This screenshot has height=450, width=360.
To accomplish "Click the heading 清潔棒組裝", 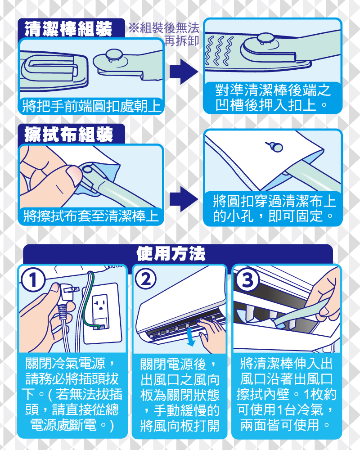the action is coord(68,29).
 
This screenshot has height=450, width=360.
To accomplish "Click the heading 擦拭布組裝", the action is coord(68,134).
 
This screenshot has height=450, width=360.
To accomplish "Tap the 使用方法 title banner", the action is coord(171,253).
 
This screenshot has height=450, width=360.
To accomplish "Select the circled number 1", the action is coord(33,279).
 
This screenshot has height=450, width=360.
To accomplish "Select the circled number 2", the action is coord(145,279).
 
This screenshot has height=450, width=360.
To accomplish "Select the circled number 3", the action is coord(247,279).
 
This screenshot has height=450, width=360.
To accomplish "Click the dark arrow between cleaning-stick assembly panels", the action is coord(184,72).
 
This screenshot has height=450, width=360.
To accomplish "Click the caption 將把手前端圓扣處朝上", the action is coord(92,106).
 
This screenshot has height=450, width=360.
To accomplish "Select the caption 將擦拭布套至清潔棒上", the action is coord(91,216).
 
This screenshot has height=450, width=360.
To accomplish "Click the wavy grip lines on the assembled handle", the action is coord(219,50).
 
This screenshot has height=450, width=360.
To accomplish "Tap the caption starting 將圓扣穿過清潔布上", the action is coord(274,208).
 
